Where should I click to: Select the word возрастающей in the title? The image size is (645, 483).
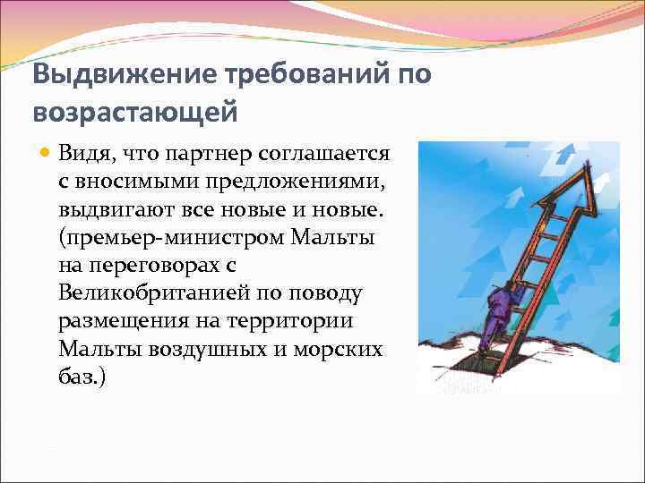135,113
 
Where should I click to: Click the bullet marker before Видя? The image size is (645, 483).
43,153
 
